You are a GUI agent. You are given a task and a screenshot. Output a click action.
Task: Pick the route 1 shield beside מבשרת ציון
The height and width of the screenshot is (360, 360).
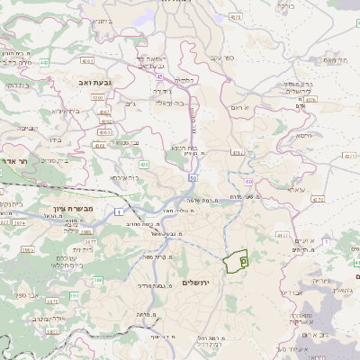(118, 211)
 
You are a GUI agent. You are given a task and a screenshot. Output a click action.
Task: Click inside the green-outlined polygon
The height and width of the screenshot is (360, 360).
(238, 260)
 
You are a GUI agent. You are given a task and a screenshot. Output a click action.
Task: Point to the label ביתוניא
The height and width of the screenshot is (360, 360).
(103, 19)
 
